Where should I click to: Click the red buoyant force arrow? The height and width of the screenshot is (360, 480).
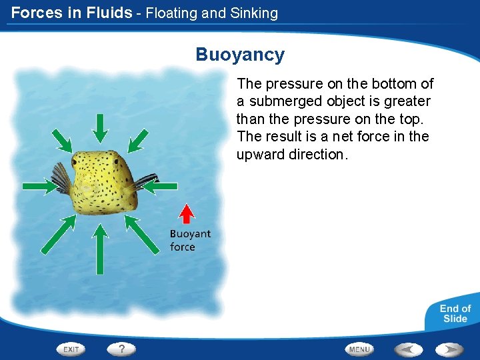188,213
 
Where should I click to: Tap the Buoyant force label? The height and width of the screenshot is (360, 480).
189,240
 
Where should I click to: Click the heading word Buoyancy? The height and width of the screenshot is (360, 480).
240,55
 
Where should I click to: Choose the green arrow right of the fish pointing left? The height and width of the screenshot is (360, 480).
161,187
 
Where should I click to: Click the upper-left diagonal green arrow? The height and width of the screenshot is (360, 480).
62,139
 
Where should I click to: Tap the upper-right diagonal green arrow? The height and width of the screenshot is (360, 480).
138,139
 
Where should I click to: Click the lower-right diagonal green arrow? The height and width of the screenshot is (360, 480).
142,233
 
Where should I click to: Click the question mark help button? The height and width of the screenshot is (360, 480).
122,349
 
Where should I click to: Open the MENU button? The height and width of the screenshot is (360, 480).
359,349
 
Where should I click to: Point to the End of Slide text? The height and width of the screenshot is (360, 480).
455,313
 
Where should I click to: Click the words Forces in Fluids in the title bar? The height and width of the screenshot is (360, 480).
71,12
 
